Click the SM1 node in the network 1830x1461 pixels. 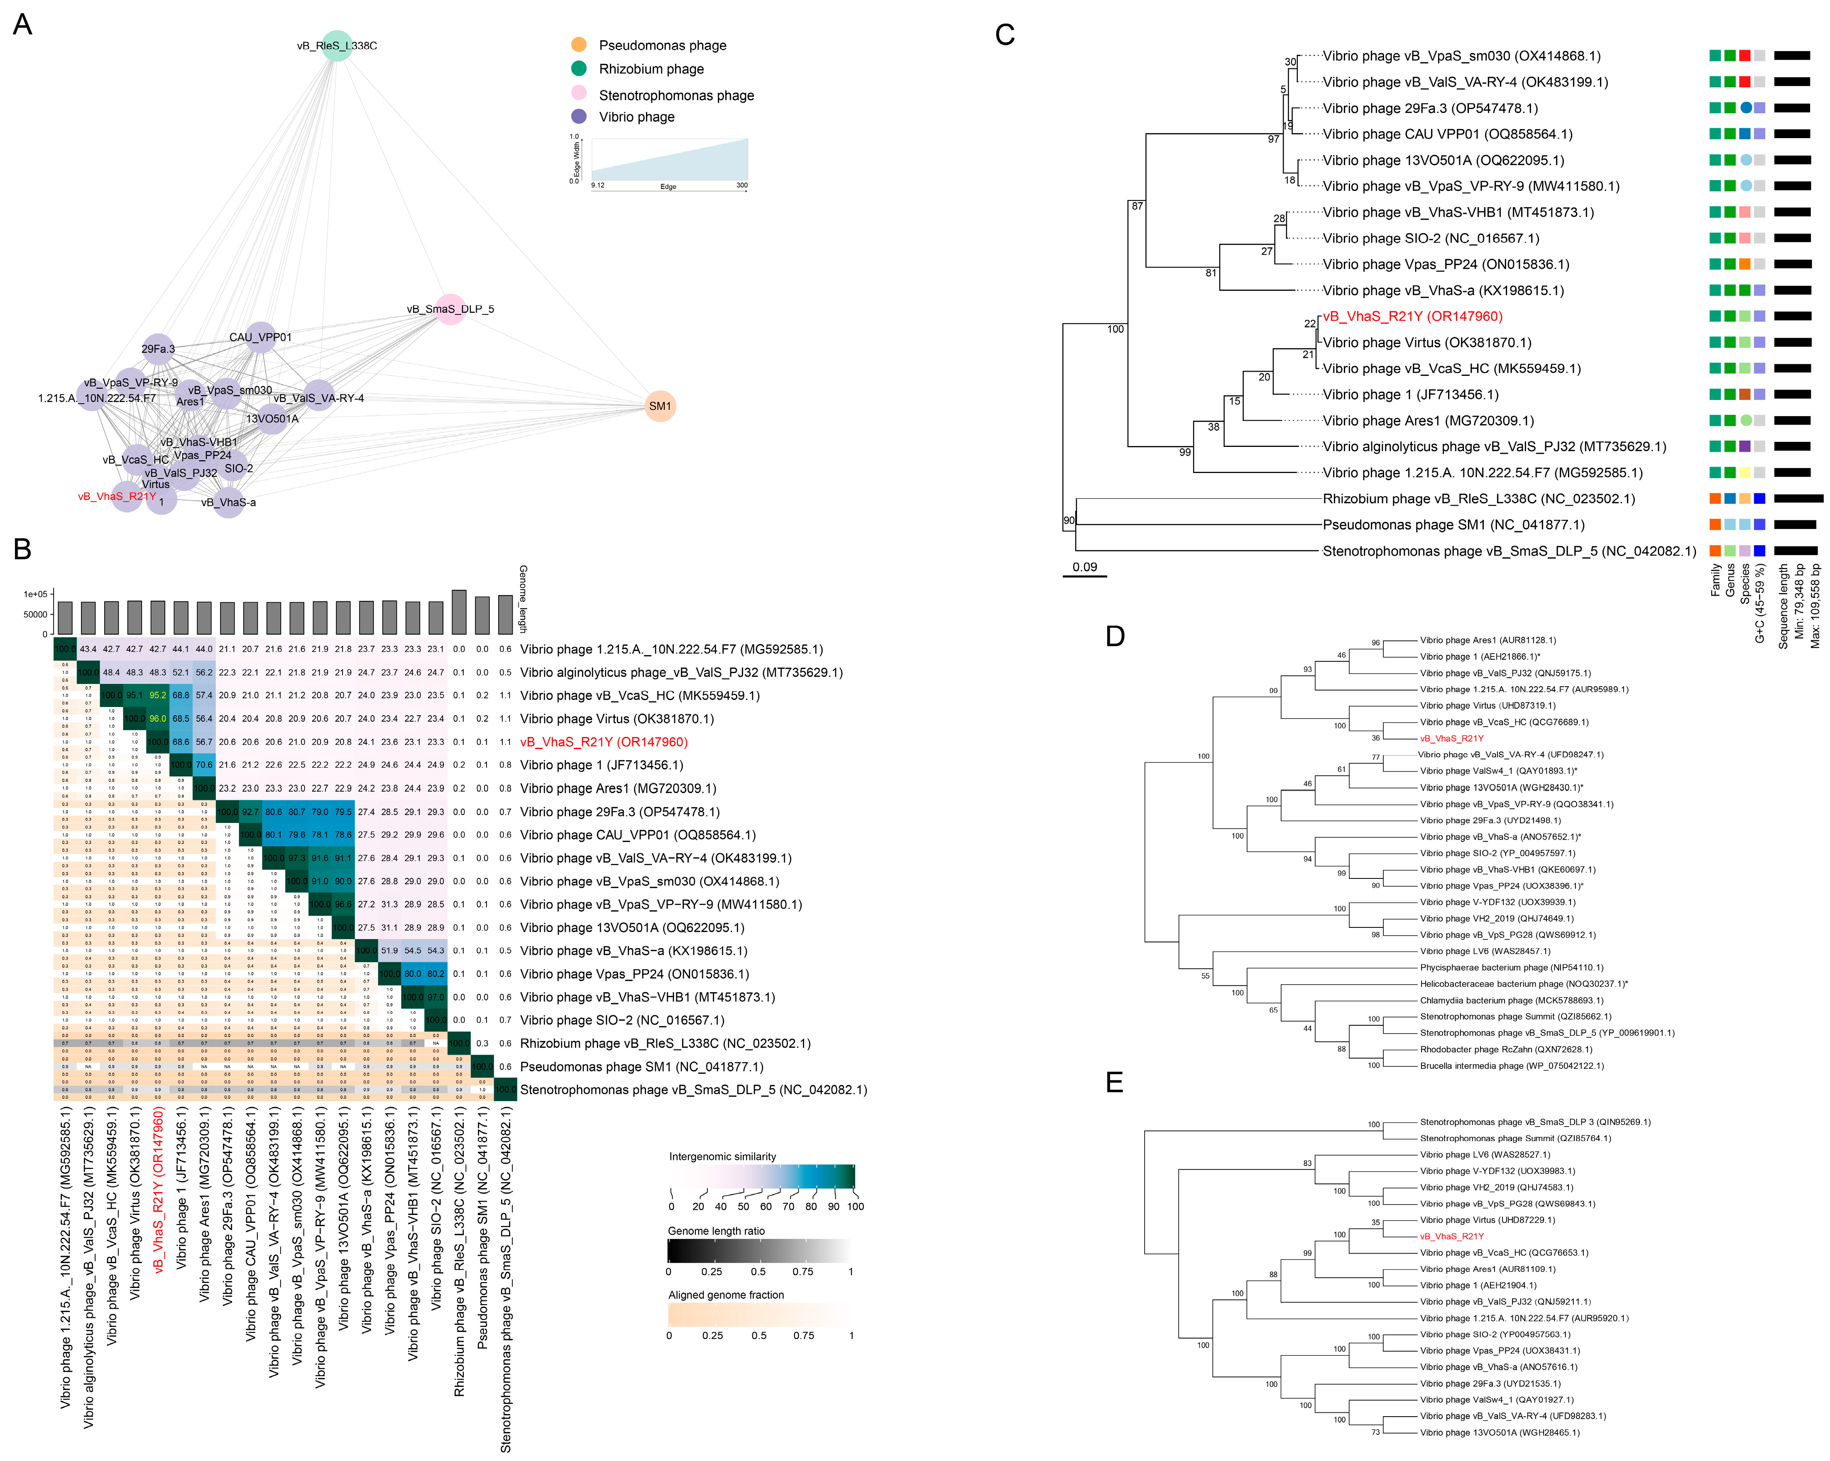click(660, 406)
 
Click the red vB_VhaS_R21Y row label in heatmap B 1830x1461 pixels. click(604, 741)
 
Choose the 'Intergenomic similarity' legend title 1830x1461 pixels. click(722, 1156)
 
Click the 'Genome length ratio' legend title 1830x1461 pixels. click(717, 1231)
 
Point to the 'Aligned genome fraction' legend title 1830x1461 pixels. click(726, 1295)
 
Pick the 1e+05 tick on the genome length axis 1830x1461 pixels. click(36, 594)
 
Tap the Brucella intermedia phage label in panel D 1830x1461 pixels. click(1512, 1066)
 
